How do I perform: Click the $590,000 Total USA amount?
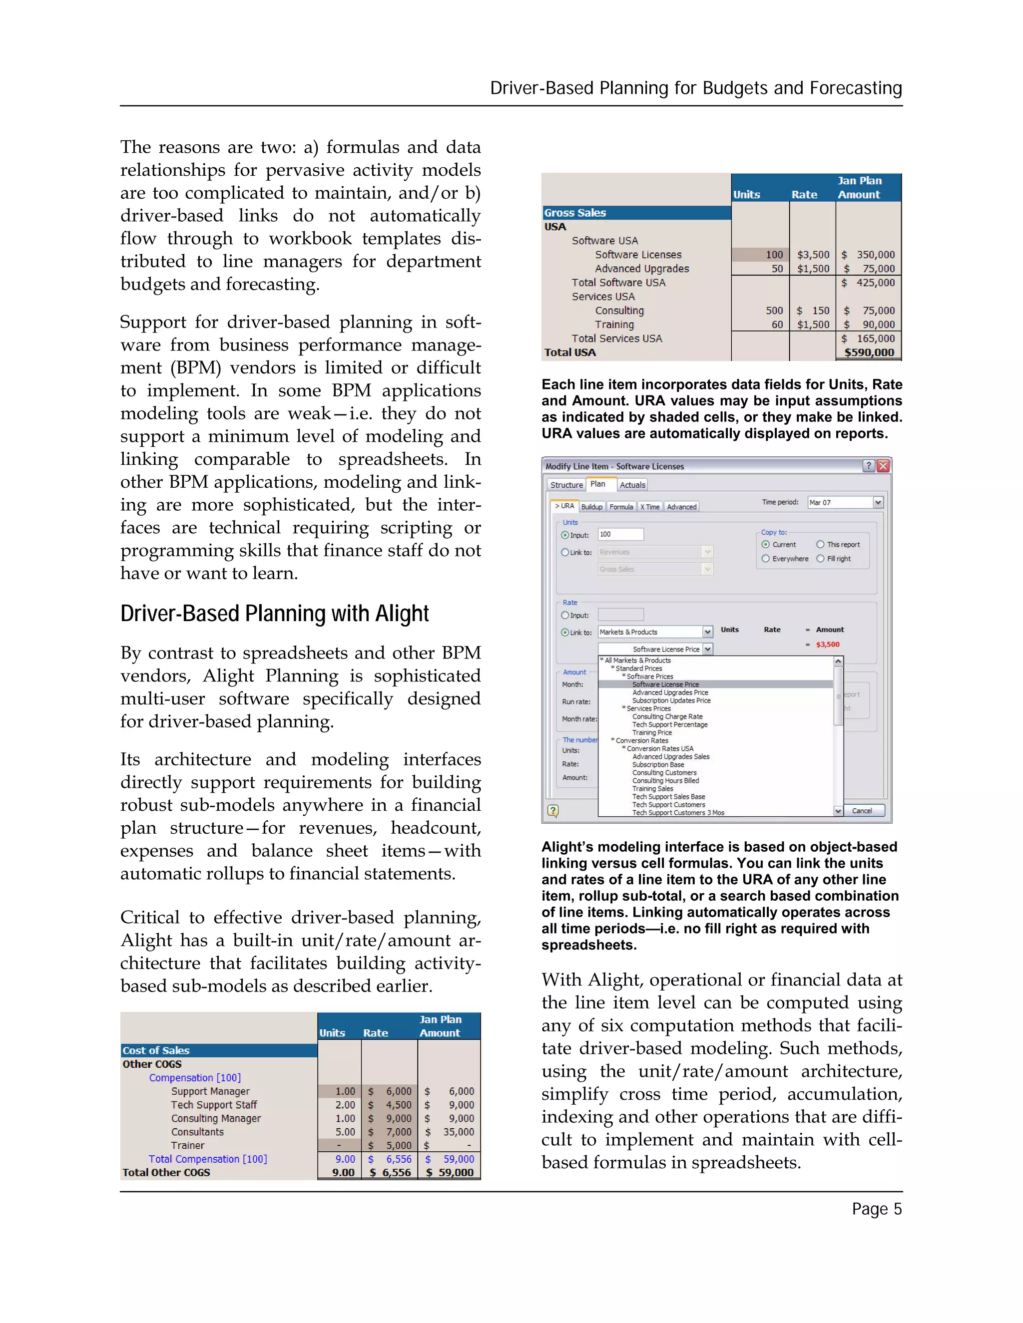(x=869, y=352)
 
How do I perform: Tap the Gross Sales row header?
(x=636, y=213)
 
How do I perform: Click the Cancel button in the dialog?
(x=861, y=810)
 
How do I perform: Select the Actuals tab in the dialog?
(x=632, y=485)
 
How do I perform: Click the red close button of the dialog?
(x=883, y=466)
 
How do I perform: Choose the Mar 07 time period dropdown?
(x=845, y=502)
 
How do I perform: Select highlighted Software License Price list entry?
(x=665, y=684)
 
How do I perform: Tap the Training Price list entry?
(x=651, y=732)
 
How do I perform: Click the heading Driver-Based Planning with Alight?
(x=275, y=614)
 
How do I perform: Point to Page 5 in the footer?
(x=876, y=1209)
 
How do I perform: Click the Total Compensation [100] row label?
(x=208, y=1159)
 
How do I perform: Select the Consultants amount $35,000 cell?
(x=449, y=1132)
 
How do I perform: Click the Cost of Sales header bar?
(x=218, y=1050)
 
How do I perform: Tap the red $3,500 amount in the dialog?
(x=827, y=645)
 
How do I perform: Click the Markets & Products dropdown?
(x=654, y=632)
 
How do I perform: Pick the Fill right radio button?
(x=821, y=559)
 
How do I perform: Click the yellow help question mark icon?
(x=553, y=810)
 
